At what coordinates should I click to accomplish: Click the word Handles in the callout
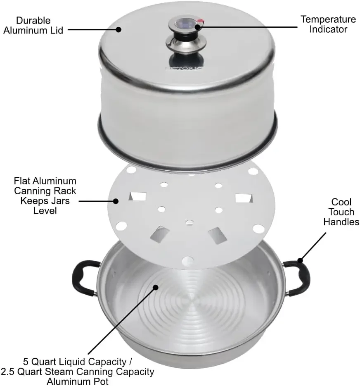(341, 222)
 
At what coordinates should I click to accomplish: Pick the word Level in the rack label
(45, 210)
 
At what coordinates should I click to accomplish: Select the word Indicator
(328, 29)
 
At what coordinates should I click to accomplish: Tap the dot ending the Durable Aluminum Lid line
(118, 29)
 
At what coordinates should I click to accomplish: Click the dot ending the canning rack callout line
(116, 201)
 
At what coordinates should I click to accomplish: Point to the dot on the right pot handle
(301, 260)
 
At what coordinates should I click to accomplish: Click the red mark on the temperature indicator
(201, 21)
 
